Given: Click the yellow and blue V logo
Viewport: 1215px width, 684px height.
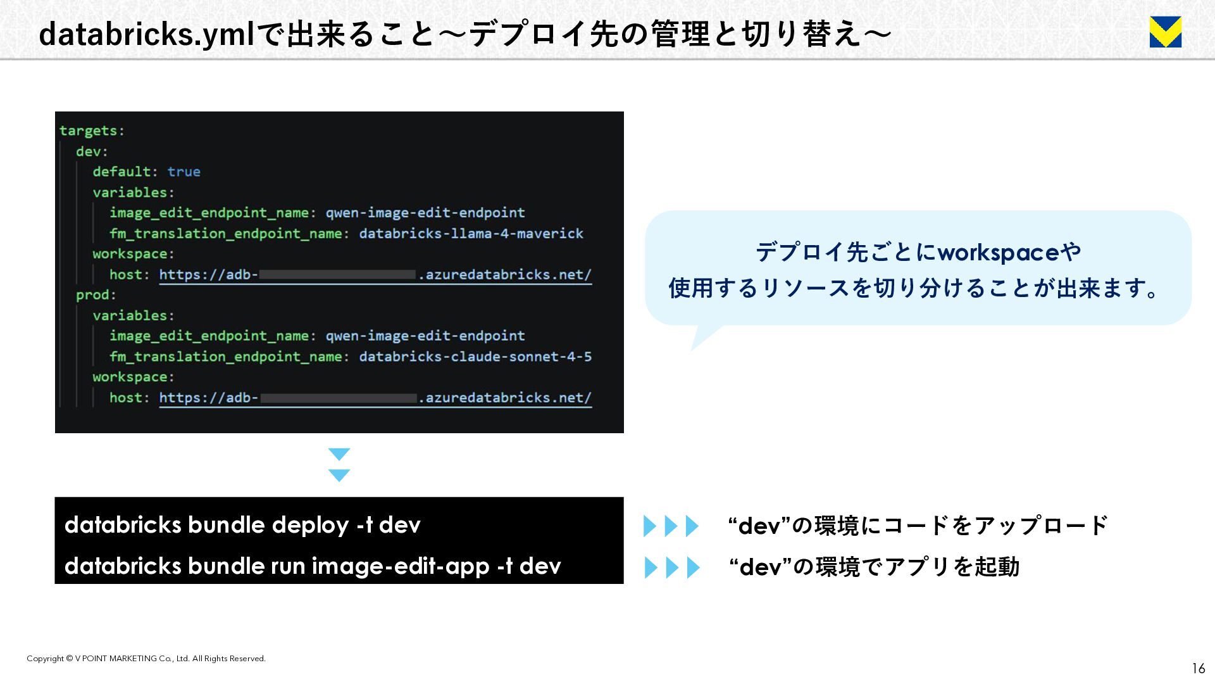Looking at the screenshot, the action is pyautogui.click(x=1165, y=32).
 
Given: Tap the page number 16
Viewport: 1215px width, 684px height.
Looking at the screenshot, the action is pyautogui.click(x=1199, y=668).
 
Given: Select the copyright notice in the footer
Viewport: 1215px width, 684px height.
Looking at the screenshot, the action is pyautogui.click(x=146, y=659).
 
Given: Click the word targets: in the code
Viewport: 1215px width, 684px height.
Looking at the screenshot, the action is pyautogui.click(x=92, y=130).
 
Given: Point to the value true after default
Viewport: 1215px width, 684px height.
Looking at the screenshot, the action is pyautogui.click(x=184, y=172).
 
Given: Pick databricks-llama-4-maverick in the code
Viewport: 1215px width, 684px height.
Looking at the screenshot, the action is pyautogui.click(x=471, y=234).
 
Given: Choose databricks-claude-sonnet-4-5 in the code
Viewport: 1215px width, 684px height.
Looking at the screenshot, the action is pyautogui.click(x=475, y=357).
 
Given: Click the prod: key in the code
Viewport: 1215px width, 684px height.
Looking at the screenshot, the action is pyautogui.click(x=96, y=295).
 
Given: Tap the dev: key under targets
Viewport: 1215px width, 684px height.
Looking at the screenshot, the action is pyautogui.click(x=92, y=151).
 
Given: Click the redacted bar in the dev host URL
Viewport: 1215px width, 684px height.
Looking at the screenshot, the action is pyautogui.click(x=337, y=275).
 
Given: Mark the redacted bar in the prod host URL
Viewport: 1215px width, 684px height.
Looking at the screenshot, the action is pyautogui.click(x=338, y=398).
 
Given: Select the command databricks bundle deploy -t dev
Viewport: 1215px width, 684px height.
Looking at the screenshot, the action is pyautogui.click(x=242, y=525).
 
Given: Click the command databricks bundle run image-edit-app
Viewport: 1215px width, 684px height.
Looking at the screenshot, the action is pyautogui.click(x=313, y=566).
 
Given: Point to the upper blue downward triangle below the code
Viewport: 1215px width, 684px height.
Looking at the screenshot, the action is pyautogui.click(x=339, y=454).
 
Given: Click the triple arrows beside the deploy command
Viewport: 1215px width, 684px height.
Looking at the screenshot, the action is pyautogui.click(x=671, y=526).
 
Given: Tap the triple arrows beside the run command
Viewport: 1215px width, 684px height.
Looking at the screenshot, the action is pyautogui.click(x=671, y=567).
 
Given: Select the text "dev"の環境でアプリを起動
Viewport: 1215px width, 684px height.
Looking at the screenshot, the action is pyautogui.click(x=874, y=567).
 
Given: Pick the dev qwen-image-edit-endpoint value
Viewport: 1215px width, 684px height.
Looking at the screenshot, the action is pyautogui.click(x=425, y=213).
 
